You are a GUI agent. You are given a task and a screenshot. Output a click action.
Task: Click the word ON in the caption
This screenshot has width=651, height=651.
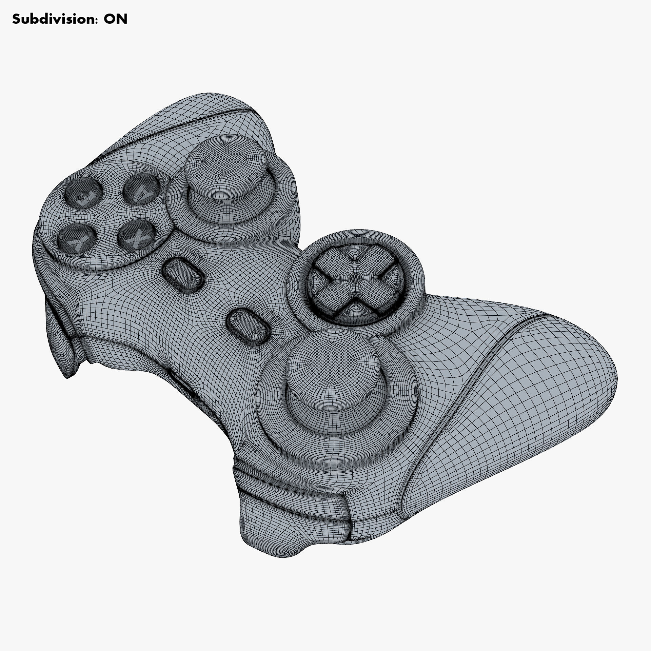coord(115,19)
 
